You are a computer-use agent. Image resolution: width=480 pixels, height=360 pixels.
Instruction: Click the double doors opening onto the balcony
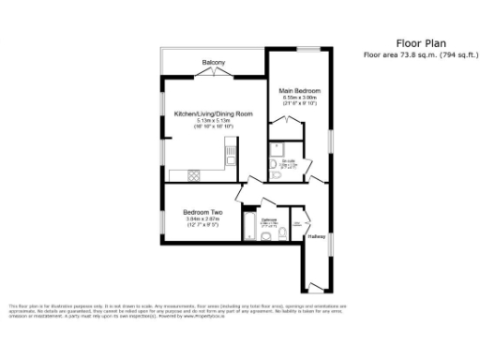(215, 71)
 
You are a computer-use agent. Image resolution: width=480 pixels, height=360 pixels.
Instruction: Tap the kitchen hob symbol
(194, 175)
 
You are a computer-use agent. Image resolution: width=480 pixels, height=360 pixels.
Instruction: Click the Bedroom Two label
(202, 212)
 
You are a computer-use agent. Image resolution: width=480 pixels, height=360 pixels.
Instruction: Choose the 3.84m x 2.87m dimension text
(202, 218)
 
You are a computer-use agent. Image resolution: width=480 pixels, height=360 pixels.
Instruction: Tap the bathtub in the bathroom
(249, 226)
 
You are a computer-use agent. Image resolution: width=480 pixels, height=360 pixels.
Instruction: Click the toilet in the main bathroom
(267, 239)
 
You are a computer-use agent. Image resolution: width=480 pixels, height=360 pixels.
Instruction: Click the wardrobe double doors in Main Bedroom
(280, 123)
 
